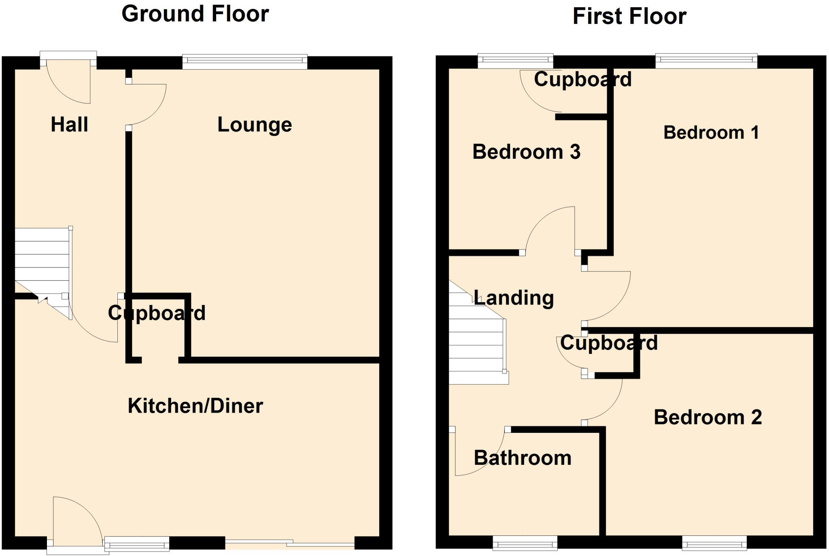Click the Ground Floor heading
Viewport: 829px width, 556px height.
[195, 14]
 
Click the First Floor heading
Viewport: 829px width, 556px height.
[629, 17]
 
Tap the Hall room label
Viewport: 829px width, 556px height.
[69, 124]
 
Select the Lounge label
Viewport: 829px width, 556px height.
[255, 125]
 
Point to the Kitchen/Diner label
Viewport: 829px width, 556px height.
[195, 406]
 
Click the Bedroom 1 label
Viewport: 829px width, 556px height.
[711, 133]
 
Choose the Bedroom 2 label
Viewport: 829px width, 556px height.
[708, 417]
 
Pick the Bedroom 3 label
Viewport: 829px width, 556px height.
[526, 152]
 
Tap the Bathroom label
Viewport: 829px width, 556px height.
[522, 458]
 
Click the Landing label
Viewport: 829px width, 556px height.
[513, 298]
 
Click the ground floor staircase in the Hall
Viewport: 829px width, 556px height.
[42, 263]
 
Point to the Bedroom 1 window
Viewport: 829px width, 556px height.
[706, 61]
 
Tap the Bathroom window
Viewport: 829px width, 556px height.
[525, 543]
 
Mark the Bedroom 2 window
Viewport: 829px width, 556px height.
[714, 543]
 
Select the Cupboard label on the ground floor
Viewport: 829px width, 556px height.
[157, 313]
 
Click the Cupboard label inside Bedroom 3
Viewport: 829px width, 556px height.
[582, 79]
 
